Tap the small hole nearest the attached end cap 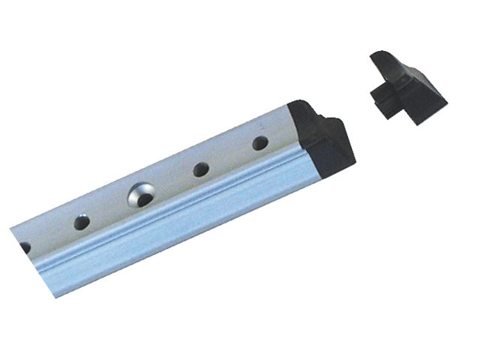tap(259, 142)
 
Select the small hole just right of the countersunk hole tap(200, 169)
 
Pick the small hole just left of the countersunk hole tap(79, 222)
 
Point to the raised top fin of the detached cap tap(386, 63)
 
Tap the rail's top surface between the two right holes tap(229, 154)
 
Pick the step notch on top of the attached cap tap(328, 121)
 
